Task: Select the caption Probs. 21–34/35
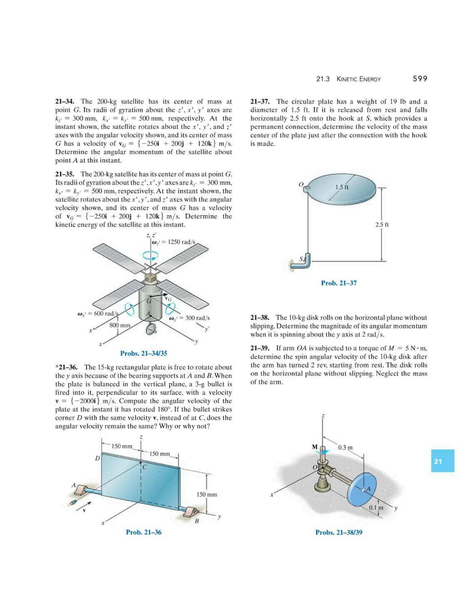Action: [144, 353]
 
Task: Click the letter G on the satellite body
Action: [149, 301]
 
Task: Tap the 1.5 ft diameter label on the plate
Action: [342, 187]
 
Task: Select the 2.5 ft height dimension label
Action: [382, 225]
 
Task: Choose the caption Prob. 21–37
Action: [339, 283]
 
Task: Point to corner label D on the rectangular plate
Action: [97, 458]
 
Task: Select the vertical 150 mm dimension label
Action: [207, 494]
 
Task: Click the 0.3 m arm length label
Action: [345, 448]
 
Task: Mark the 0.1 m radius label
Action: [376, 508]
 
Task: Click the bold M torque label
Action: [315, 447]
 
